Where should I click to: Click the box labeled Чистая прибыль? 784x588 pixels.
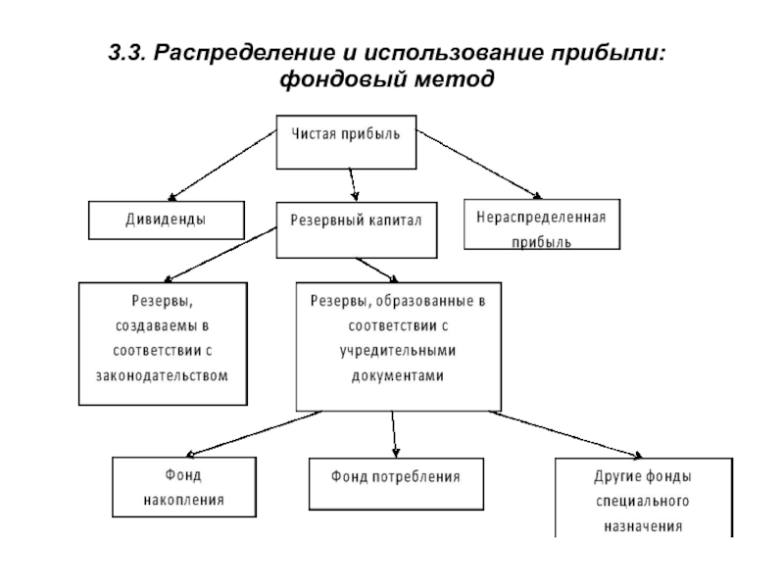[346, 142]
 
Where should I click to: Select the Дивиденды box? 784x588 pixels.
[167, 220]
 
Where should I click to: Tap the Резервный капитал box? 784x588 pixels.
[357, 230]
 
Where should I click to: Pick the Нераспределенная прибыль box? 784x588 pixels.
[542, 224]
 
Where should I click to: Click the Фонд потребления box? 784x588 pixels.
[396, 483]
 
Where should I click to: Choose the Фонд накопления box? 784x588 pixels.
[184, 486]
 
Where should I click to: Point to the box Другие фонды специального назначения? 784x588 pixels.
[644, 498]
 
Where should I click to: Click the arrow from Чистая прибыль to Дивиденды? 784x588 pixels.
[222, 166]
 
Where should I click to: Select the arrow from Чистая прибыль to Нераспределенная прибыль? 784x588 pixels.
[479, 164]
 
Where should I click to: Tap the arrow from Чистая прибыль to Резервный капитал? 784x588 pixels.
[353, 185]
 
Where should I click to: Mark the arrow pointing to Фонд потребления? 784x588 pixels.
[394, 434]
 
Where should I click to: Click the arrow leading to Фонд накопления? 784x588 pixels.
[254, 433]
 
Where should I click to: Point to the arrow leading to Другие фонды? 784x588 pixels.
[565, 433]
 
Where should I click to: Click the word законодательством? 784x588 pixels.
[162, 375]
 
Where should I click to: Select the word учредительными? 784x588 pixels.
[398, 351]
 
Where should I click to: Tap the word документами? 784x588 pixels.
[398, 376]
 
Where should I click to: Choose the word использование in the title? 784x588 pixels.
[454, 53]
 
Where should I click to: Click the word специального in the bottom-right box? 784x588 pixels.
[643, 501]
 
